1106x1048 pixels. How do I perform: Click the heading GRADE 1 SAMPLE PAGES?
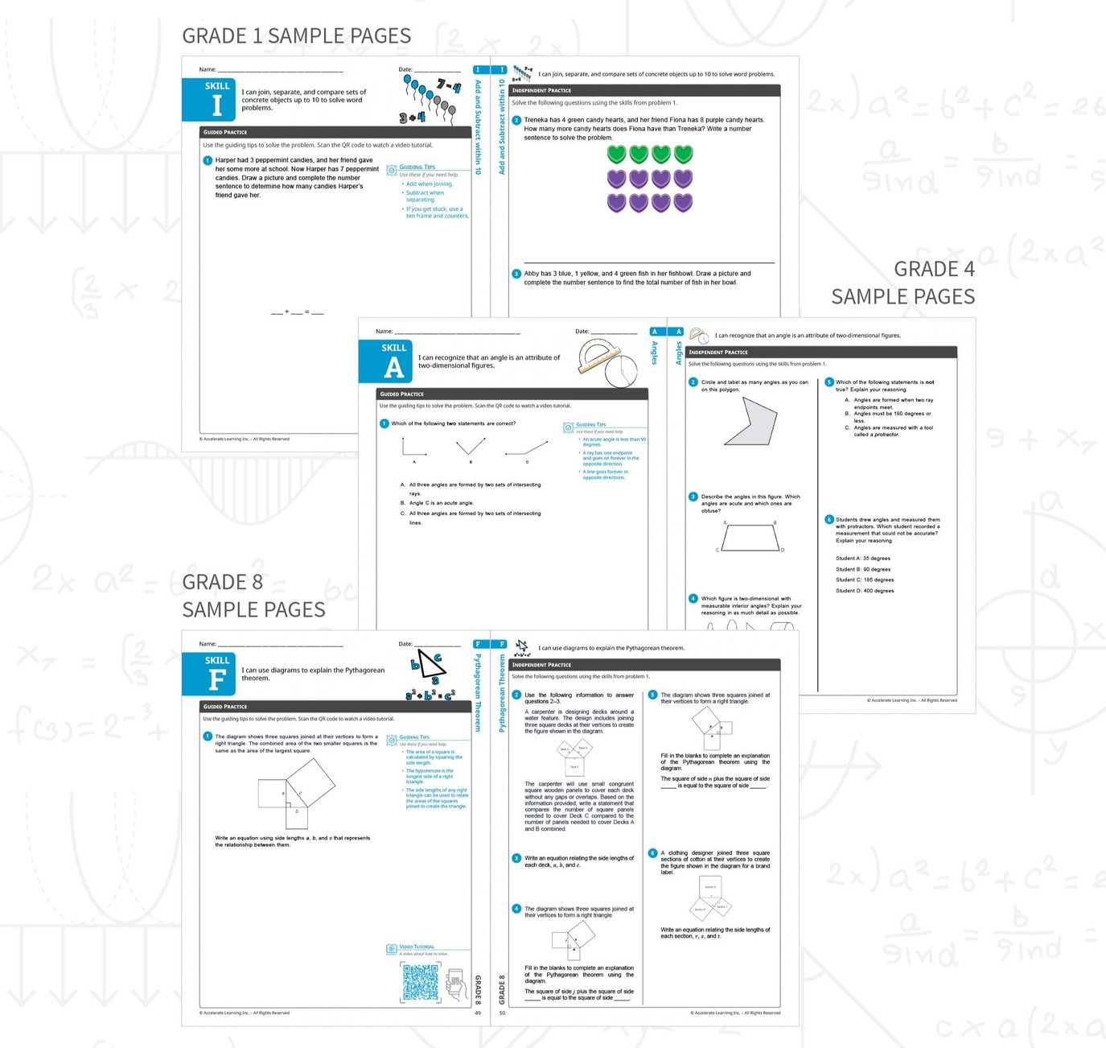(296, 36)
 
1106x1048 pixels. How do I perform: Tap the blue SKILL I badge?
(208, 99)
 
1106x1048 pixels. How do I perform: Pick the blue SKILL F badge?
(208, 674)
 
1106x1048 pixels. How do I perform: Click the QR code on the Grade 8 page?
(421, 983)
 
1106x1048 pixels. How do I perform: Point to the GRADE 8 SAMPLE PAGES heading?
(253, 596)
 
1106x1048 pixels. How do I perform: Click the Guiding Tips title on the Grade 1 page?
(417, 167)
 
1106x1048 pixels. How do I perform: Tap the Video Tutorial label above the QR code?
(417, 947)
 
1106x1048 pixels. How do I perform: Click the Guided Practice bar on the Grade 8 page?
(335, 707)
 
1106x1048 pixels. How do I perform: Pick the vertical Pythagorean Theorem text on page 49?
(478, 692)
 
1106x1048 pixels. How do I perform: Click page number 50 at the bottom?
(502, 1013)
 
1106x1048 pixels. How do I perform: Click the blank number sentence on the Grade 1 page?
(297, 312)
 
